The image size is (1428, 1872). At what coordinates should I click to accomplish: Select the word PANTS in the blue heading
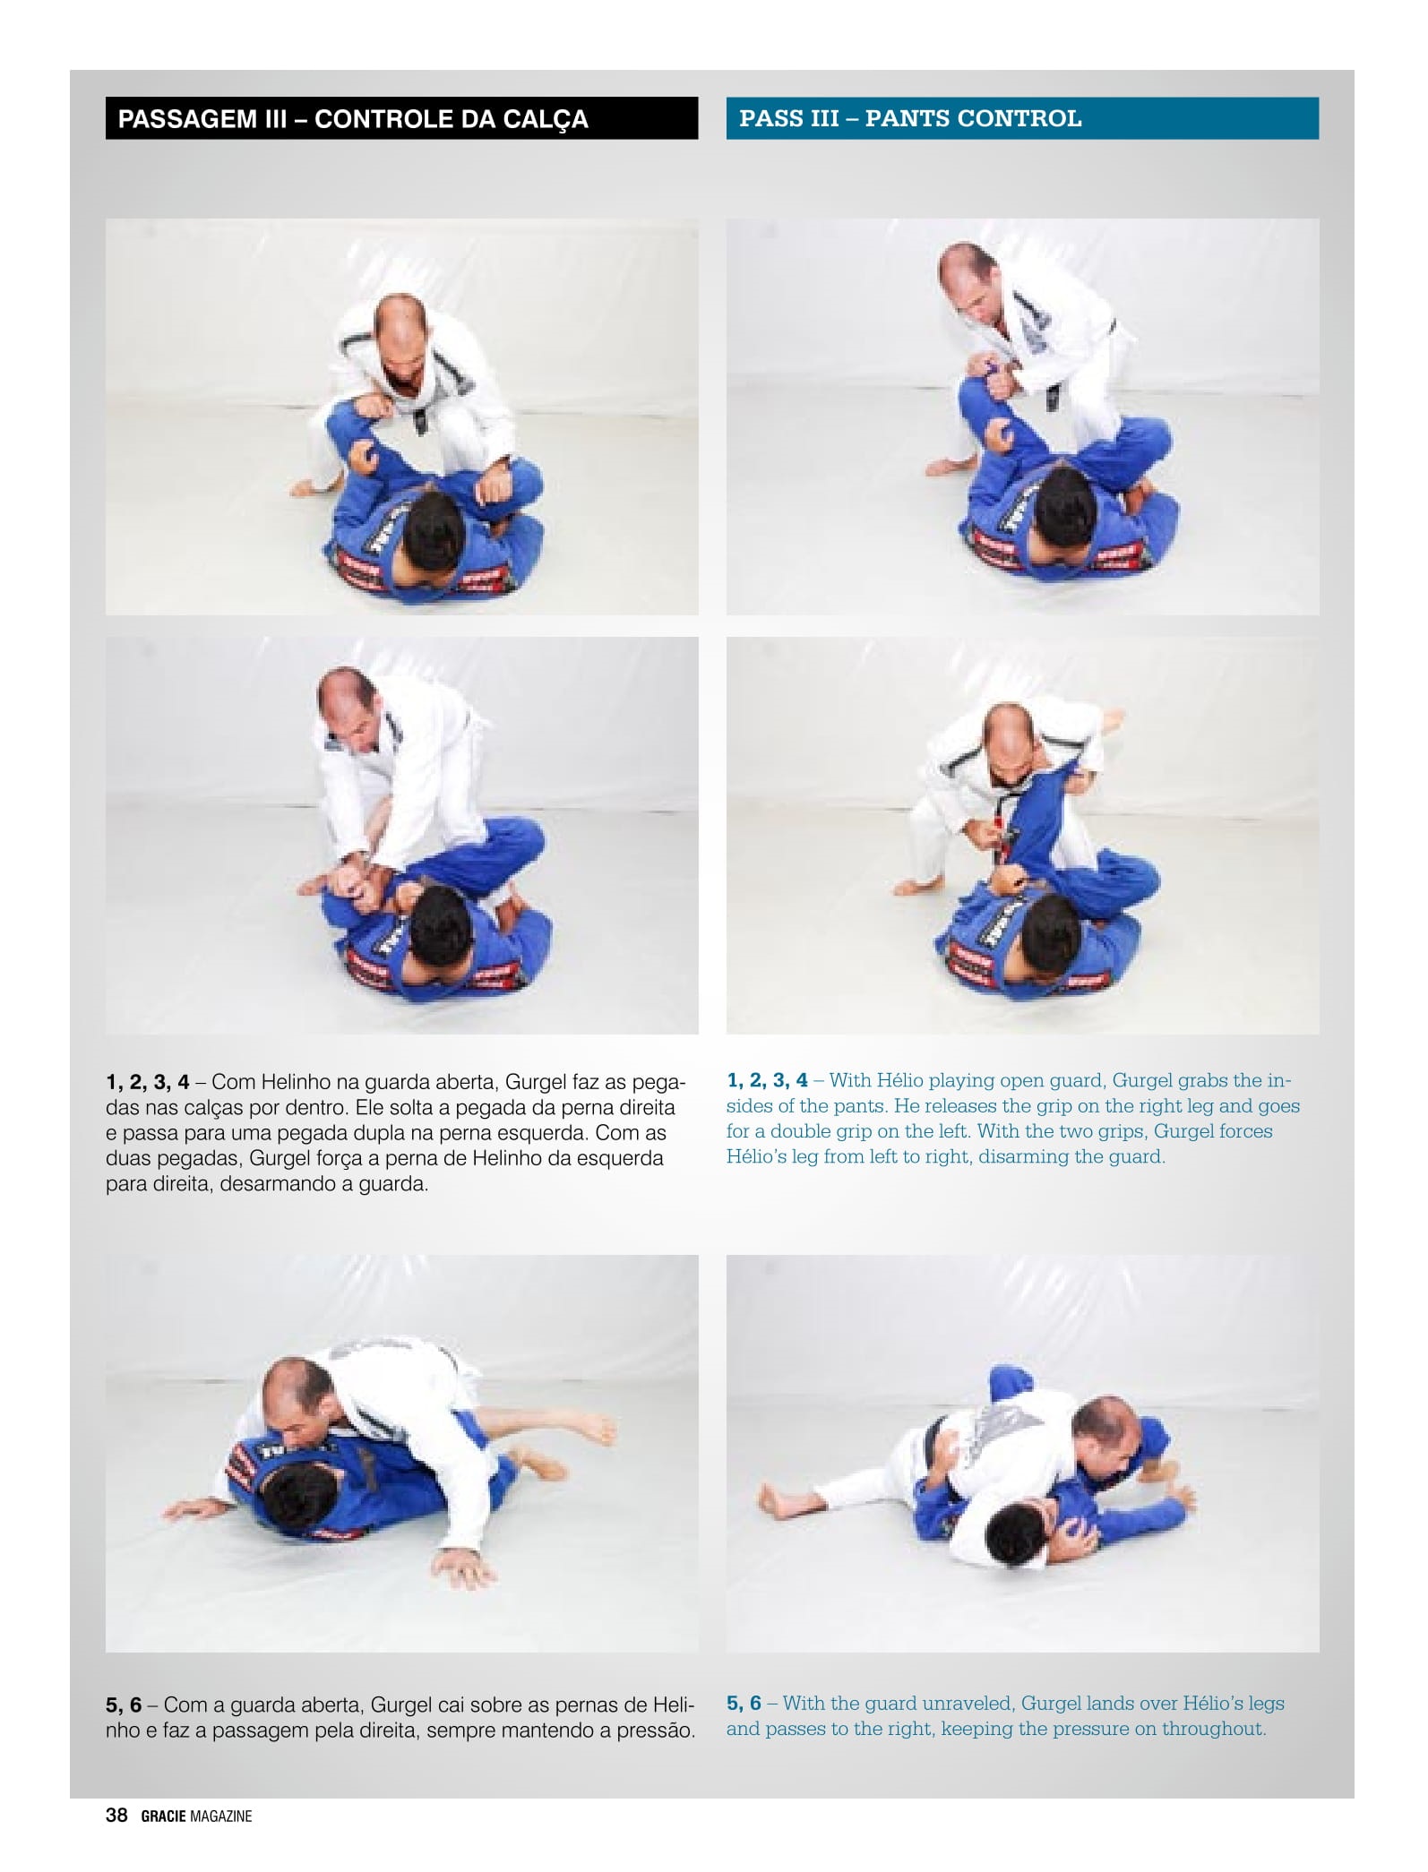pos(907,118)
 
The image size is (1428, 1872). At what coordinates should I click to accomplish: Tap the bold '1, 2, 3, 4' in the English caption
pos(768,1080)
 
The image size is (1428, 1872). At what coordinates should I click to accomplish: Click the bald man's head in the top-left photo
pos(405,339)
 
